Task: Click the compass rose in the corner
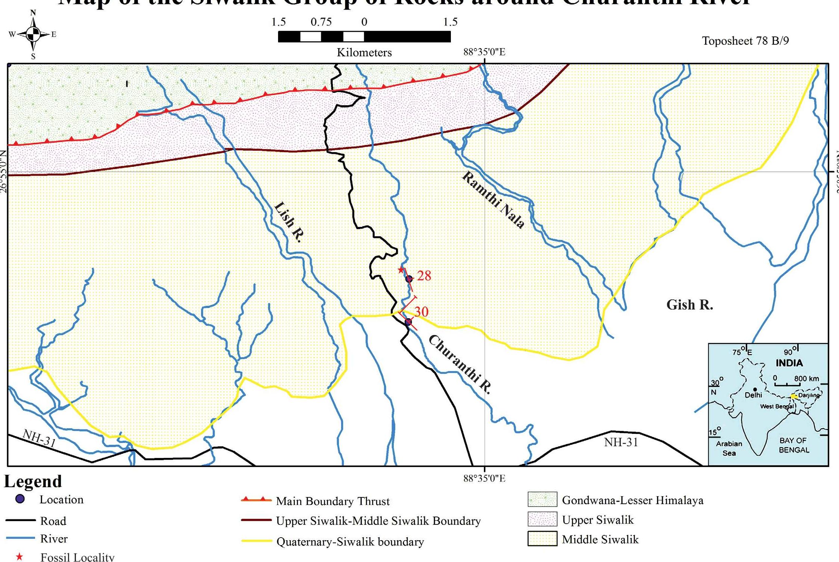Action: click(33, 35)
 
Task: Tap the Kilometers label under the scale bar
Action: click(364, 53)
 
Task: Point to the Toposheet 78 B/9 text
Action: click(745, 41)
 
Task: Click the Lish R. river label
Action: click(289, 222)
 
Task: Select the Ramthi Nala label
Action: click(493, 200)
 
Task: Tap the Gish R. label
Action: click(689, 305)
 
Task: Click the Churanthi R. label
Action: click(460, 364)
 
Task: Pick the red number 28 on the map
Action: click(424, 276)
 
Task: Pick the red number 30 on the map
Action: click(421, 311)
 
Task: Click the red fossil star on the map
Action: click(401, 270)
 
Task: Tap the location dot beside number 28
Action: click(409, 279)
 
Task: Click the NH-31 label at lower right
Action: click(621, 442)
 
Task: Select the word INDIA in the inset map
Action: click(789, 363)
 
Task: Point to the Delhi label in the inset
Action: click(753, 395)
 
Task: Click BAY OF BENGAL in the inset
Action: click(794, 445)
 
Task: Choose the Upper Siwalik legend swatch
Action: click(542, 519)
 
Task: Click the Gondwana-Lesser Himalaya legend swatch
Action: click(542, 499)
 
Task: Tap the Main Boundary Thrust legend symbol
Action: click(256, 500)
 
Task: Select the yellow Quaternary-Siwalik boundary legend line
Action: click(256, 541)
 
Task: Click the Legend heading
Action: click(33, 481)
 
